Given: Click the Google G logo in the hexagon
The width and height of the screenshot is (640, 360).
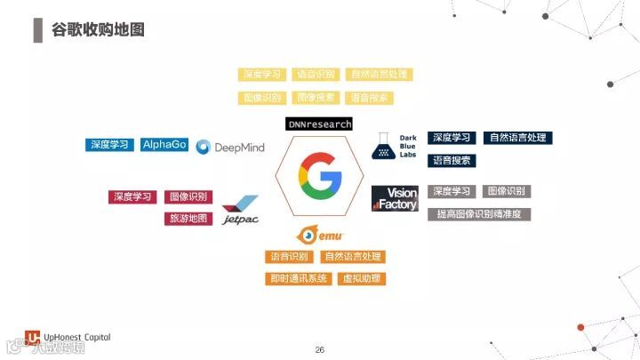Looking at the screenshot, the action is click(319, 174).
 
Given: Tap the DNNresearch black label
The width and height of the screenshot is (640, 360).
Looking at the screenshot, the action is click(320, 124).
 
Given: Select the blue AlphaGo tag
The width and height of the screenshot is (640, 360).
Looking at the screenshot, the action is click(164, 145).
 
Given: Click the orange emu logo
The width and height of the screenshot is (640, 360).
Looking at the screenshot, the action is click(320, 236).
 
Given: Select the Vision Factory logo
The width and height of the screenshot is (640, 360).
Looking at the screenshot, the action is click(395, 198).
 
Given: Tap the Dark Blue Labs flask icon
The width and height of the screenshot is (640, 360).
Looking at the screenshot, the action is click(382, 144).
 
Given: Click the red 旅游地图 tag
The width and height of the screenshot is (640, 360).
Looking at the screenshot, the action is click(188, 218).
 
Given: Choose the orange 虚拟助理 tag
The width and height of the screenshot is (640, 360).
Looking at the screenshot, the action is click(362, 278).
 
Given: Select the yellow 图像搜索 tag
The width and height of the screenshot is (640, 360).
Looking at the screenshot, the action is click(316, 98).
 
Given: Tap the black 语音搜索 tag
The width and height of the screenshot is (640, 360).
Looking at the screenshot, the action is click(452, 161).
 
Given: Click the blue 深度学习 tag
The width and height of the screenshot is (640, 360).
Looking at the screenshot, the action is click(109, 145).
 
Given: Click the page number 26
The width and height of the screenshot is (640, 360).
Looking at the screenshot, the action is click(320, 349).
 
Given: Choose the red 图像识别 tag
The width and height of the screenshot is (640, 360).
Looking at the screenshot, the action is click(188, 196).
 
